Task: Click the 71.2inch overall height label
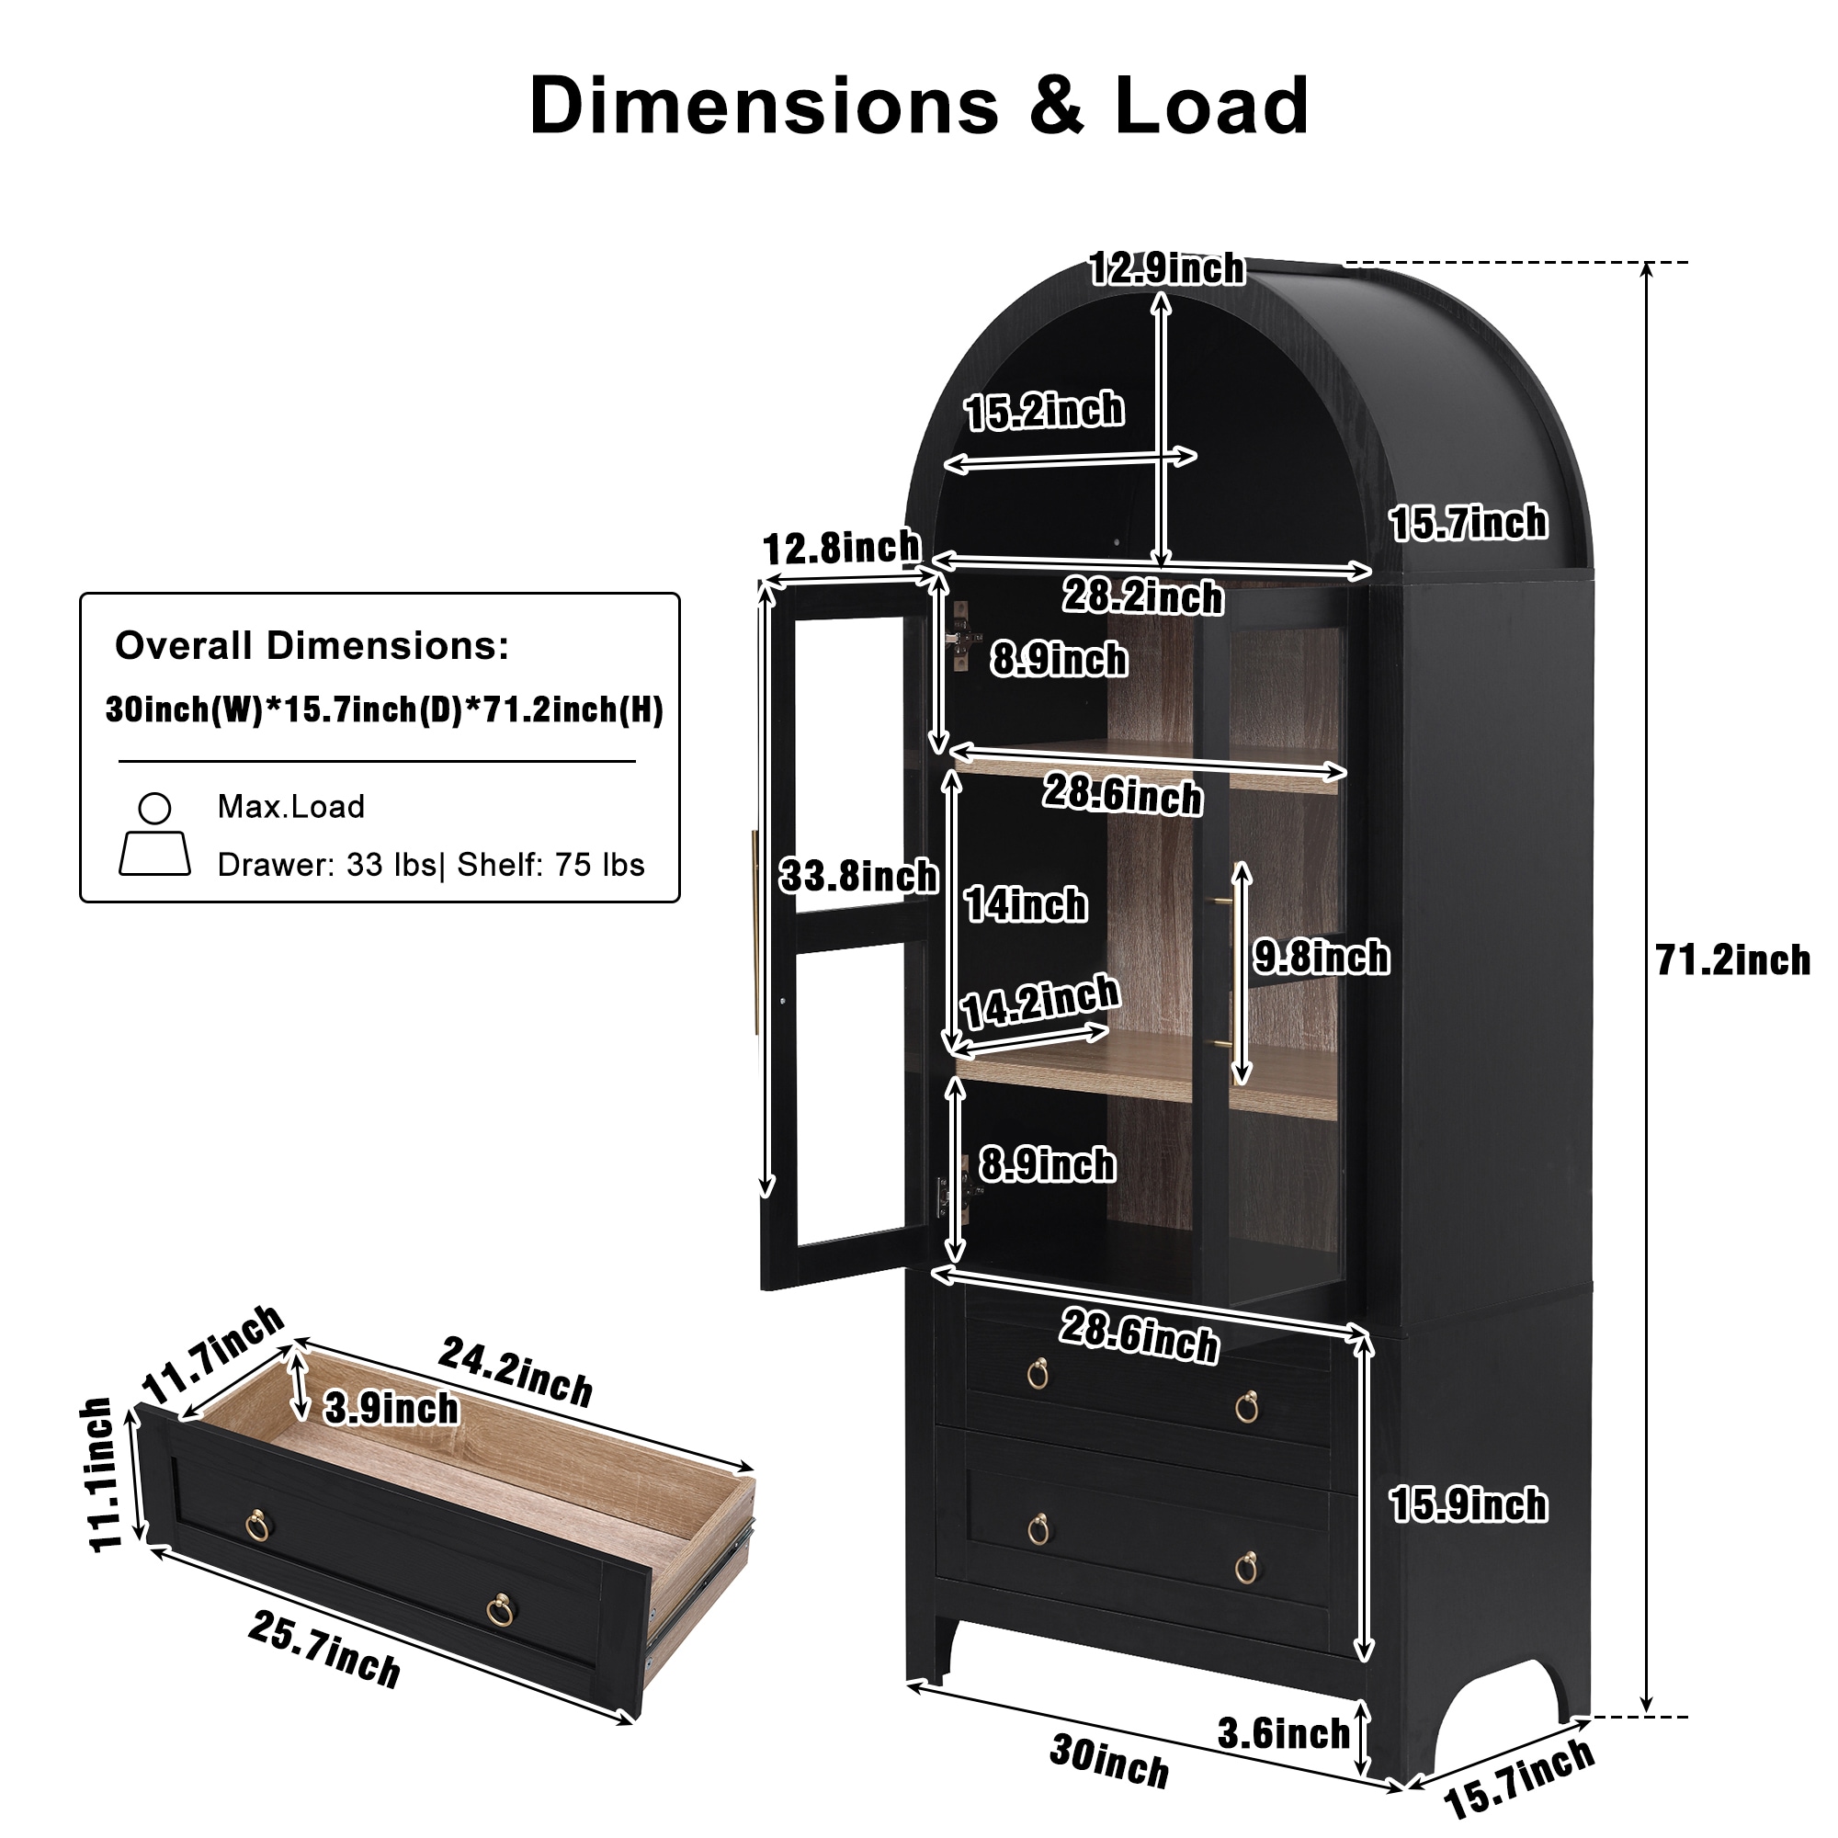(x=1732, y=960)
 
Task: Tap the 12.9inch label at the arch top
(x=1166, y=268)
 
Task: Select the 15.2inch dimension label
(x=1044, y=411)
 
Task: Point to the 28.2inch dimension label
(x=1142, y=596)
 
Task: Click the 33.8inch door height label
(x=858, y=875)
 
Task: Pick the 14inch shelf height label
(x=1026, y=903)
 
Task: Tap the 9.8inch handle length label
(x=1322, y=957)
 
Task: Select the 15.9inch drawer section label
(x=1468, y=1504)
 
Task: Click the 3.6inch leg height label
(x=1283, y=1733)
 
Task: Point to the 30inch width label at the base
(x=1109, y=1761)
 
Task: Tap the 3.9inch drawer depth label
(x=391, y=1409)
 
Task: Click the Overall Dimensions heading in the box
(x=312, y=646)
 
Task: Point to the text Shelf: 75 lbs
(x=550, y=865)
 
